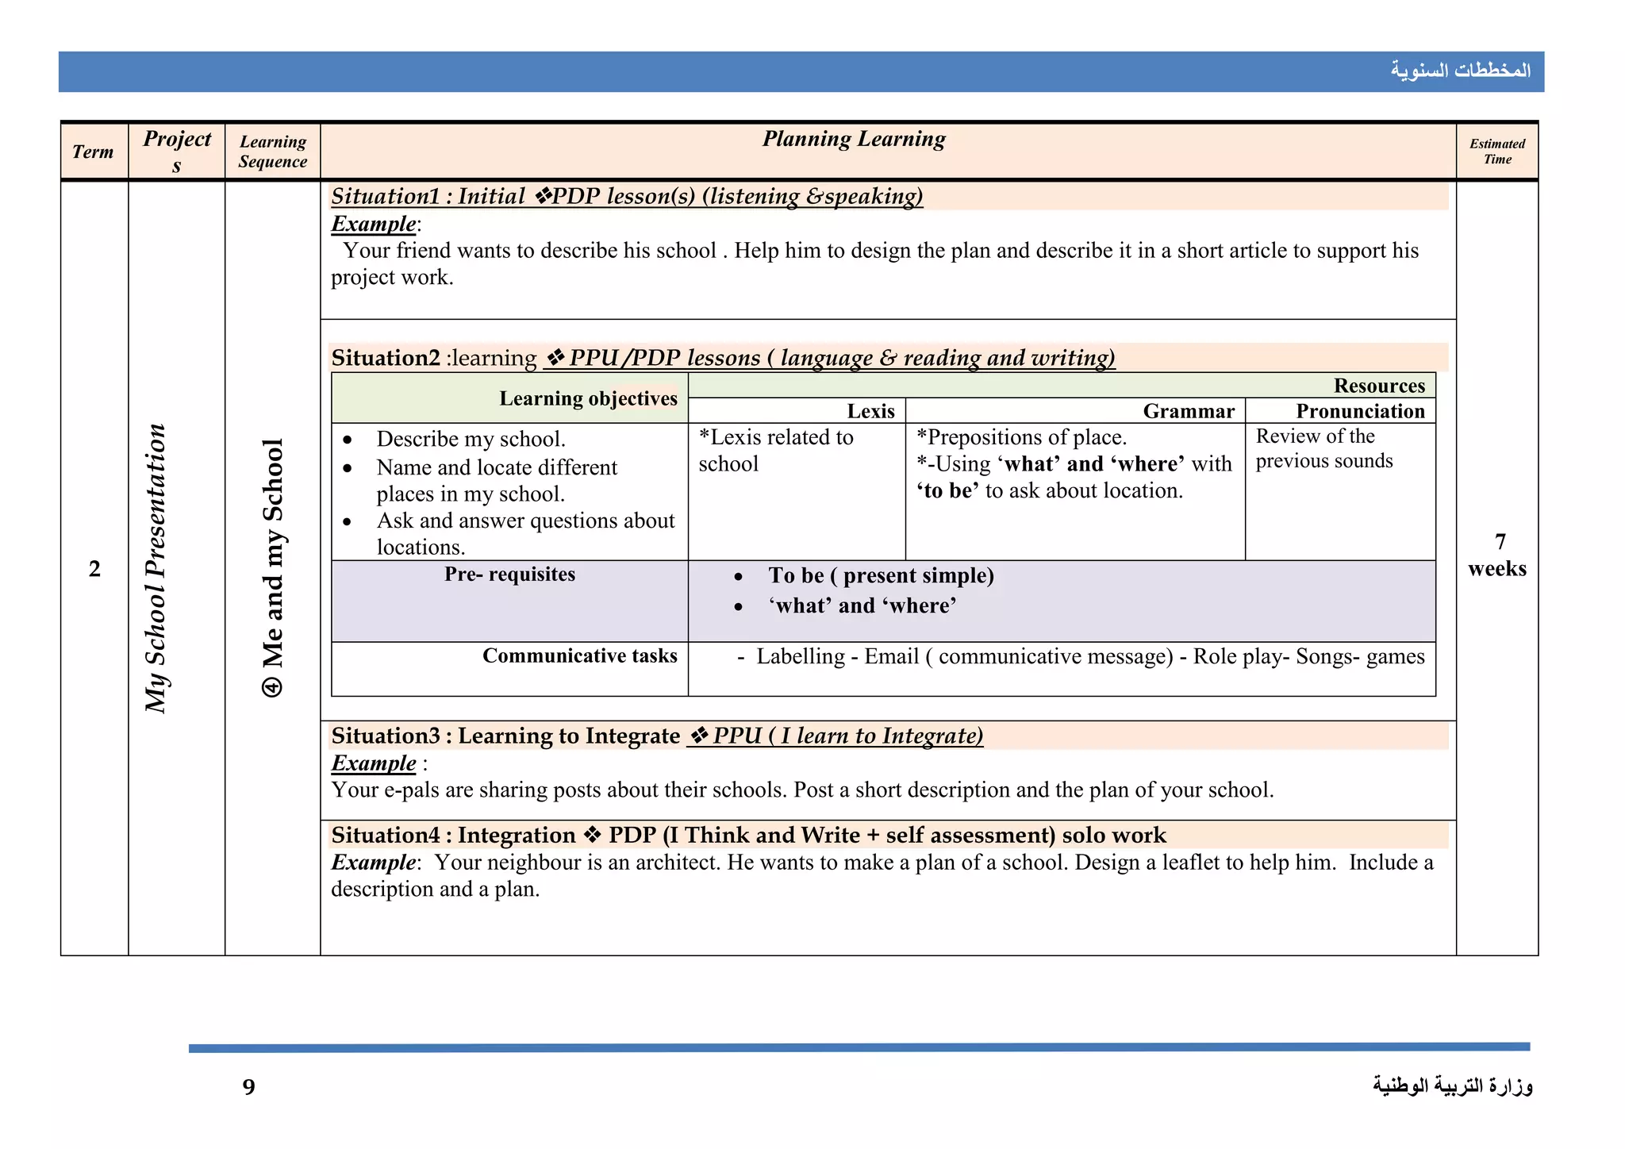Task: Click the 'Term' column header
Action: coord(93,152)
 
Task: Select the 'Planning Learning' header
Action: coord(854,139)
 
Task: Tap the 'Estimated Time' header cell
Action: coord(1497,151)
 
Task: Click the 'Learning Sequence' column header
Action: coord(272,152)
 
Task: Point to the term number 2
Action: coord(94,568)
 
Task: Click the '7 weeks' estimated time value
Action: coord(1497,555)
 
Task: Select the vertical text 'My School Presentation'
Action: coord(156,567)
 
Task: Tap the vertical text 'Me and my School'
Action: coord(272,567)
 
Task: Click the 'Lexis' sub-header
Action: coord(870,411)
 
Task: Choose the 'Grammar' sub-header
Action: coord(1189,411)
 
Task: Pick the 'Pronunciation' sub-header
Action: coord(1360,411)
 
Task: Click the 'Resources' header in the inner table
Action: coord(1379,386)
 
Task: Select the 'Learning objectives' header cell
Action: coord(588,398)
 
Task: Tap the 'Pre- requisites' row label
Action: coord(509,574)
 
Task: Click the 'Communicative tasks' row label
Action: coord(579,655)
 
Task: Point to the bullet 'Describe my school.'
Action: coord(471,439)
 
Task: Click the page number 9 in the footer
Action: coord(249,1086)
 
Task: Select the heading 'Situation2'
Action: coord(386,358)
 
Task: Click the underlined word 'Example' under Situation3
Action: coord(374,763)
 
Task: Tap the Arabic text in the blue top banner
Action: coord(1460,71)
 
